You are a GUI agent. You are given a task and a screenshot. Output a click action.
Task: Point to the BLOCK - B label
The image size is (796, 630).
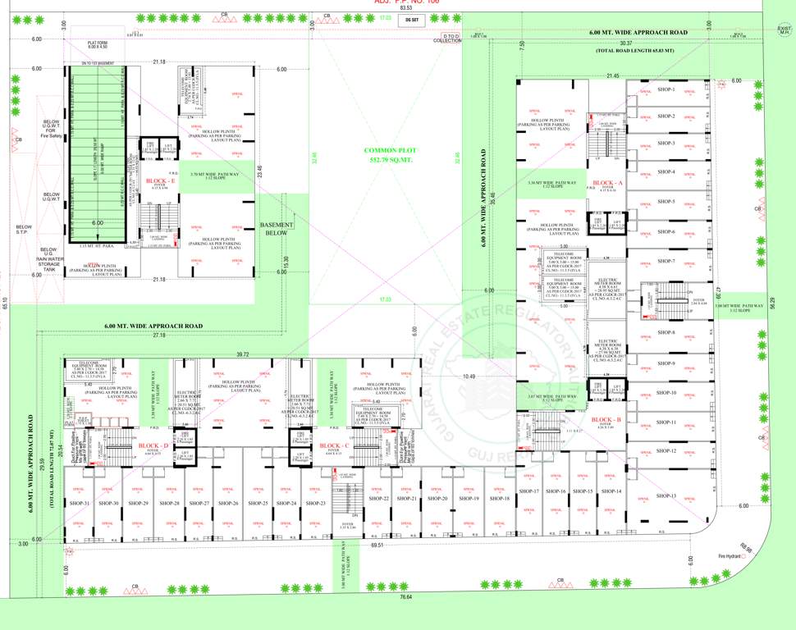[606, 419]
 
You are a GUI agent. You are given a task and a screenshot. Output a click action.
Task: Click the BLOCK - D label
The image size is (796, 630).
[153, 445]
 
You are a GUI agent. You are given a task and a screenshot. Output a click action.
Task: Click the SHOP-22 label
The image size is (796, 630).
[379, 499]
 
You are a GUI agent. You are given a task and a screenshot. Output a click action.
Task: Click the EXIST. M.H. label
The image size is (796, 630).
[785, 31]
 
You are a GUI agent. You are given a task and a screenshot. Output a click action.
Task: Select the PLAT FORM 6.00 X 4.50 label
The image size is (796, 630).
[99, 44]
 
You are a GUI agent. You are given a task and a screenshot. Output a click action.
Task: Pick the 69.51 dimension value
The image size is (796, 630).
[377, 545]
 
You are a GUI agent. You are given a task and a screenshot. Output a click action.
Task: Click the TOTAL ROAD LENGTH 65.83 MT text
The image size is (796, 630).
[634, 51]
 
